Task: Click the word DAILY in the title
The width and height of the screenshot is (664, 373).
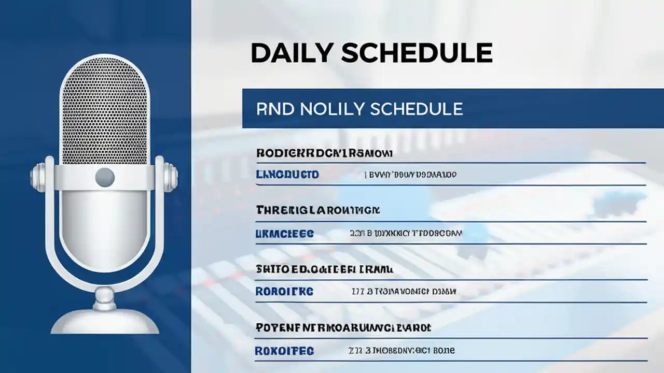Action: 292,53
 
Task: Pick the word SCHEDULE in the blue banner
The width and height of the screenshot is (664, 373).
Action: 417,109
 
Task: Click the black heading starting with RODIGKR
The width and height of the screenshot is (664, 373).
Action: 324,153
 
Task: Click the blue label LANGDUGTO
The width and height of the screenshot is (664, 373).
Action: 287,175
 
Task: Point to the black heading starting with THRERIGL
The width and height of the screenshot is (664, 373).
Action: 318,210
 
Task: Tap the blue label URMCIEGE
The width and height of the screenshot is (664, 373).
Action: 285,234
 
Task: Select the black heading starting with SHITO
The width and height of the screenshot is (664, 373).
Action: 325,269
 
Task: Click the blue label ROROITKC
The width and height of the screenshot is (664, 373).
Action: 284,292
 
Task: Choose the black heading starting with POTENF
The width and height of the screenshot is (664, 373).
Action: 343,328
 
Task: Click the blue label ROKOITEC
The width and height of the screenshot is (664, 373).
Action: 284,351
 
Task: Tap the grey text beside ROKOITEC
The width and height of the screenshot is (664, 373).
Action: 402,351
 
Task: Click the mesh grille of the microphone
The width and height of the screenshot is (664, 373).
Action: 104,111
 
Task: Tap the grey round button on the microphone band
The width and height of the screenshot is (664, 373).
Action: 104,177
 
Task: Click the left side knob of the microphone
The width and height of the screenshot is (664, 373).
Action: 37,177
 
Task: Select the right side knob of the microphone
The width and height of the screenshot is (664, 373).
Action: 171,177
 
